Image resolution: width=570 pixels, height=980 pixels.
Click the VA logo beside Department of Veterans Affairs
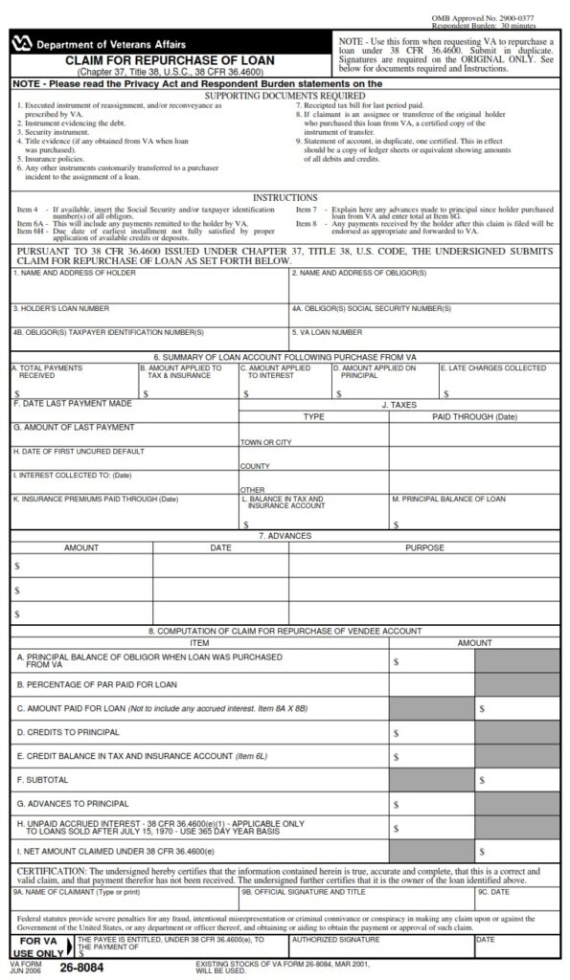click(21, 44)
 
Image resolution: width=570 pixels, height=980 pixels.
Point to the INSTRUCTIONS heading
click(285, 197)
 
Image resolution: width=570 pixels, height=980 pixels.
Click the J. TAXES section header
click(399, 405)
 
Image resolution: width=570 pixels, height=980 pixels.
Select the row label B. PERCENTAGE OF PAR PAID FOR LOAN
click(97, 684)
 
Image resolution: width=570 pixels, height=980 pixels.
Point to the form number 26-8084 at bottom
click(81, 968)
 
